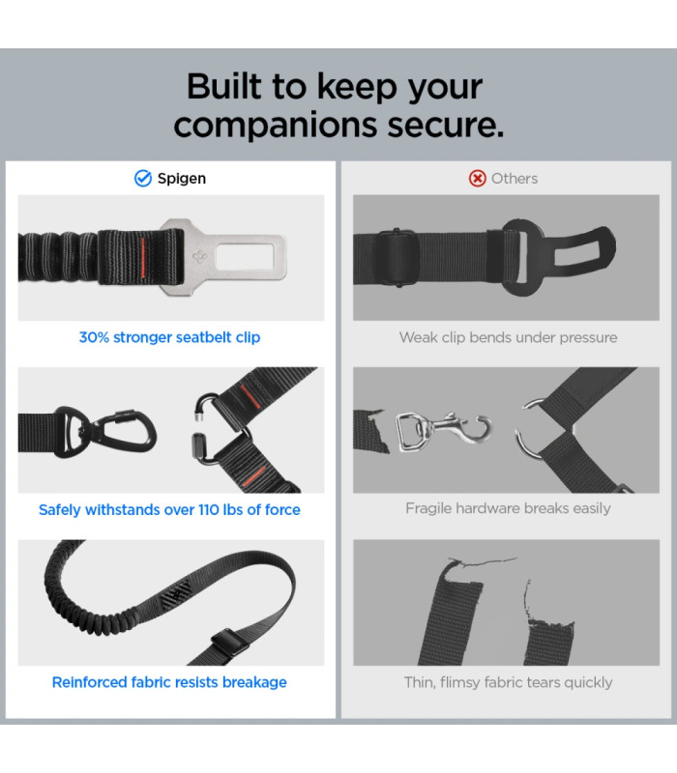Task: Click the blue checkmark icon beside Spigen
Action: coord(143,179)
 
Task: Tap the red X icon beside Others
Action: coord(477,179)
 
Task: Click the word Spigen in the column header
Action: coord(182,179)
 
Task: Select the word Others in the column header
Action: coord(515,179)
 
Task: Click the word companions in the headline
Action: coord(277,126)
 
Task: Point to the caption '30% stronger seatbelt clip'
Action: coord(170,337)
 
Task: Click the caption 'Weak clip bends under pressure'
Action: coord(509,337)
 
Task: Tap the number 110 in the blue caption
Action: coord(208,510)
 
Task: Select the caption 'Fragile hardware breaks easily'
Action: coord(509,508)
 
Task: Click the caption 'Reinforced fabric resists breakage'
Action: coord(169,682)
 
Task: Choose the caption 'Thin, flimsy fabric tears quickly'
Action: coord(509,682)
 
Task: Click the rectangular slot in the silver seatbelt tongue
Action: coord(245,257)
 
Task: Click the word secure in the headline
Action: coord(445,126)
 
